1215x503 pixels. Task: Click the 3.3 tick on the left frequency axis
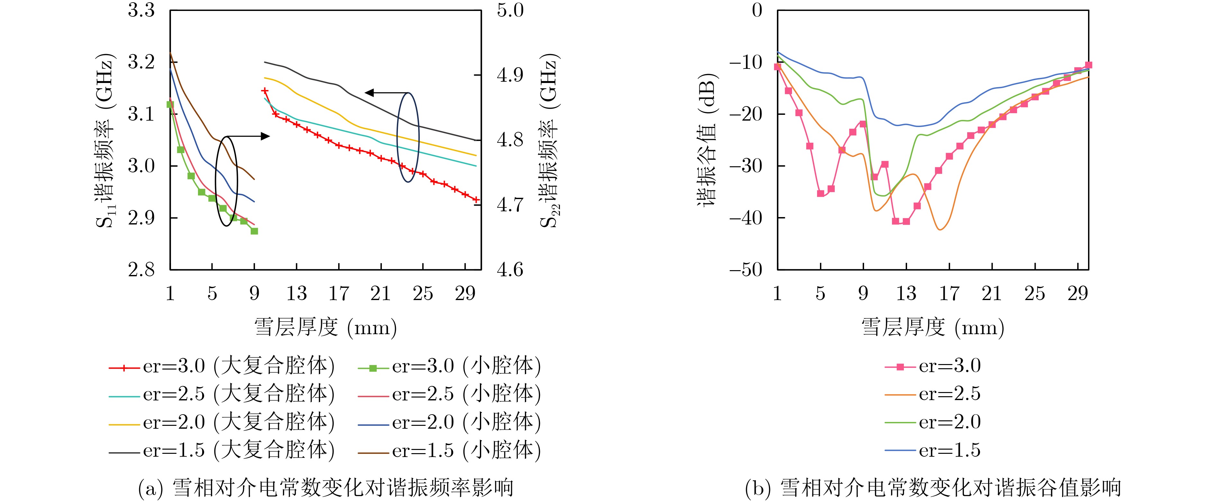141,10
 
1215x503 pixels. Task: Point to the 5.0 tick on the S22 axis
510,10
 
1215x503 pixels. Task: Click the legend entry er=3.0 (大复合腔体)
222,367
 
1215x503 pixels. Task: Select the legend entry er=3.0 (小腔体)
449,367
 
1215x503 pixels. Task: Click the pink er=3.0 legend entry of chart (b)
932,367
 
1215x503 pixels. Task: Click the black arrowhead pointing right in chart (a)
265,136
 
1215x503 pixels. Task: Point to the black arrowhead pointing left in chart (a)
369,93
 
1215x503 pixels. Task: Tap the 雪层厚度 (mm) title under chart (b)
932,327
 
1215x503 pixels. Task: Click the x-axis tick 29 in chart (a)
465,294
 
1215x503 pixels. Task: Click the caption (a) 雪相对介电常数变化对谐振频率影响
325,488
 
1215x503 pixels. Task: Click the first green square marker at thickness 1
170,104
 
